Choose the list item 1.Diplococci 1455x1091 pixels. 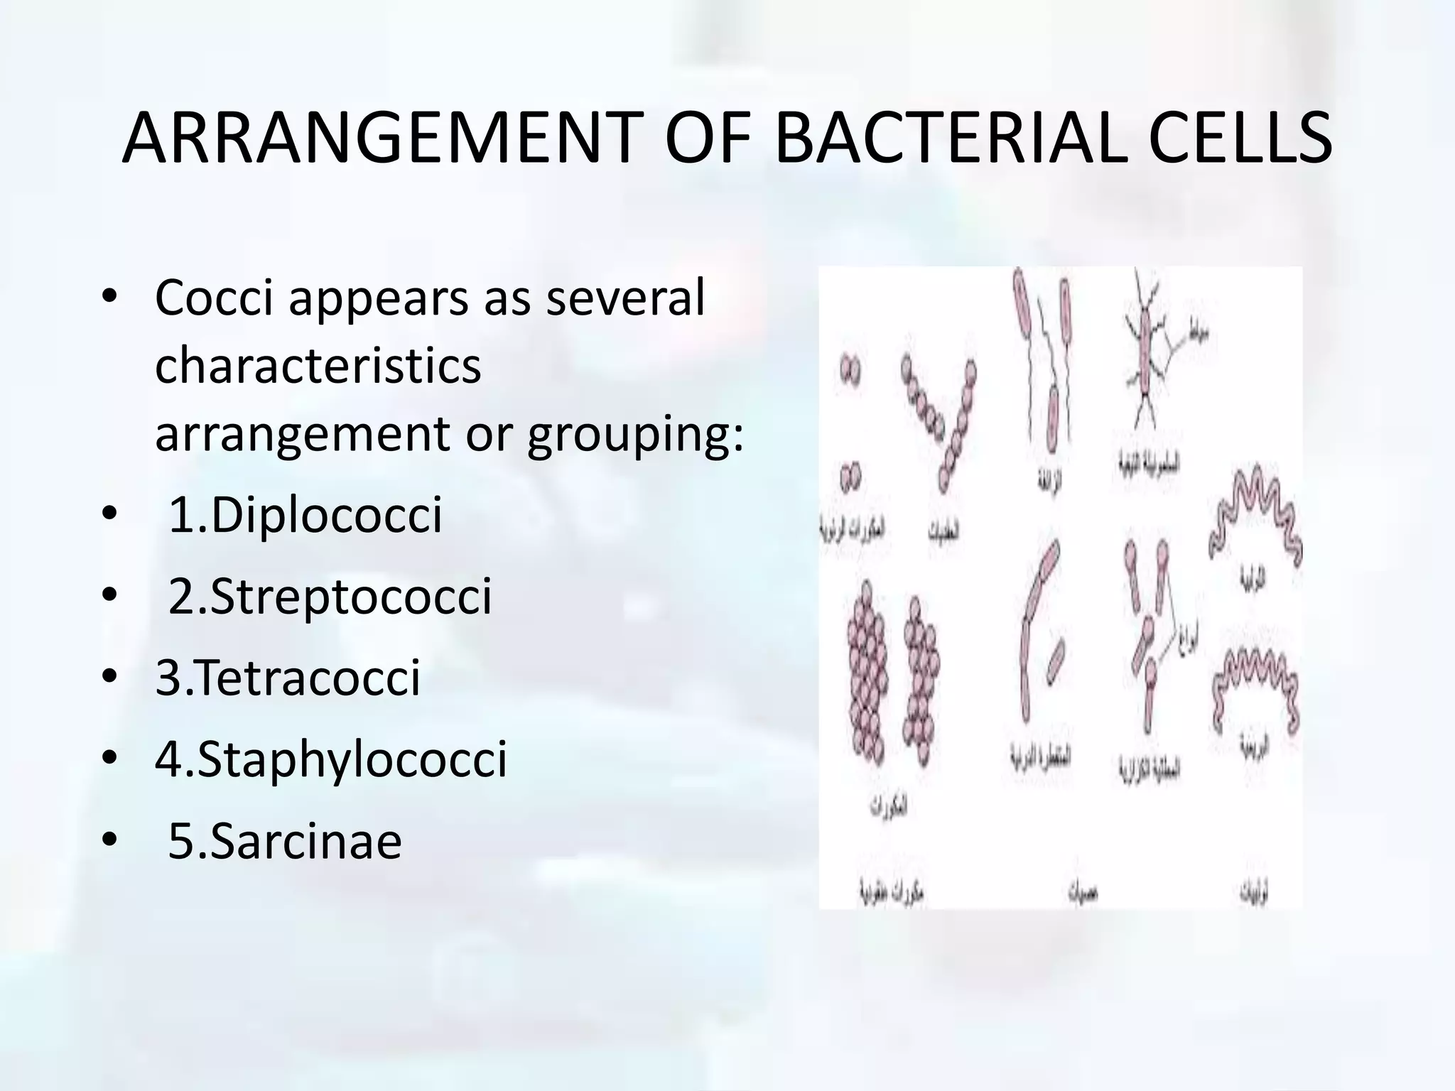coord(305,515)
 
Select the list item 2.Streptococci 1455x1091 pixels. coord(330,596)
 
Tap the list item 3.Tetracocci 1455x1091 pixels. coord(288,678)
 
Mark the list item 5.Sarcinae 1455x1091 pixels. coord(284,841)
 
